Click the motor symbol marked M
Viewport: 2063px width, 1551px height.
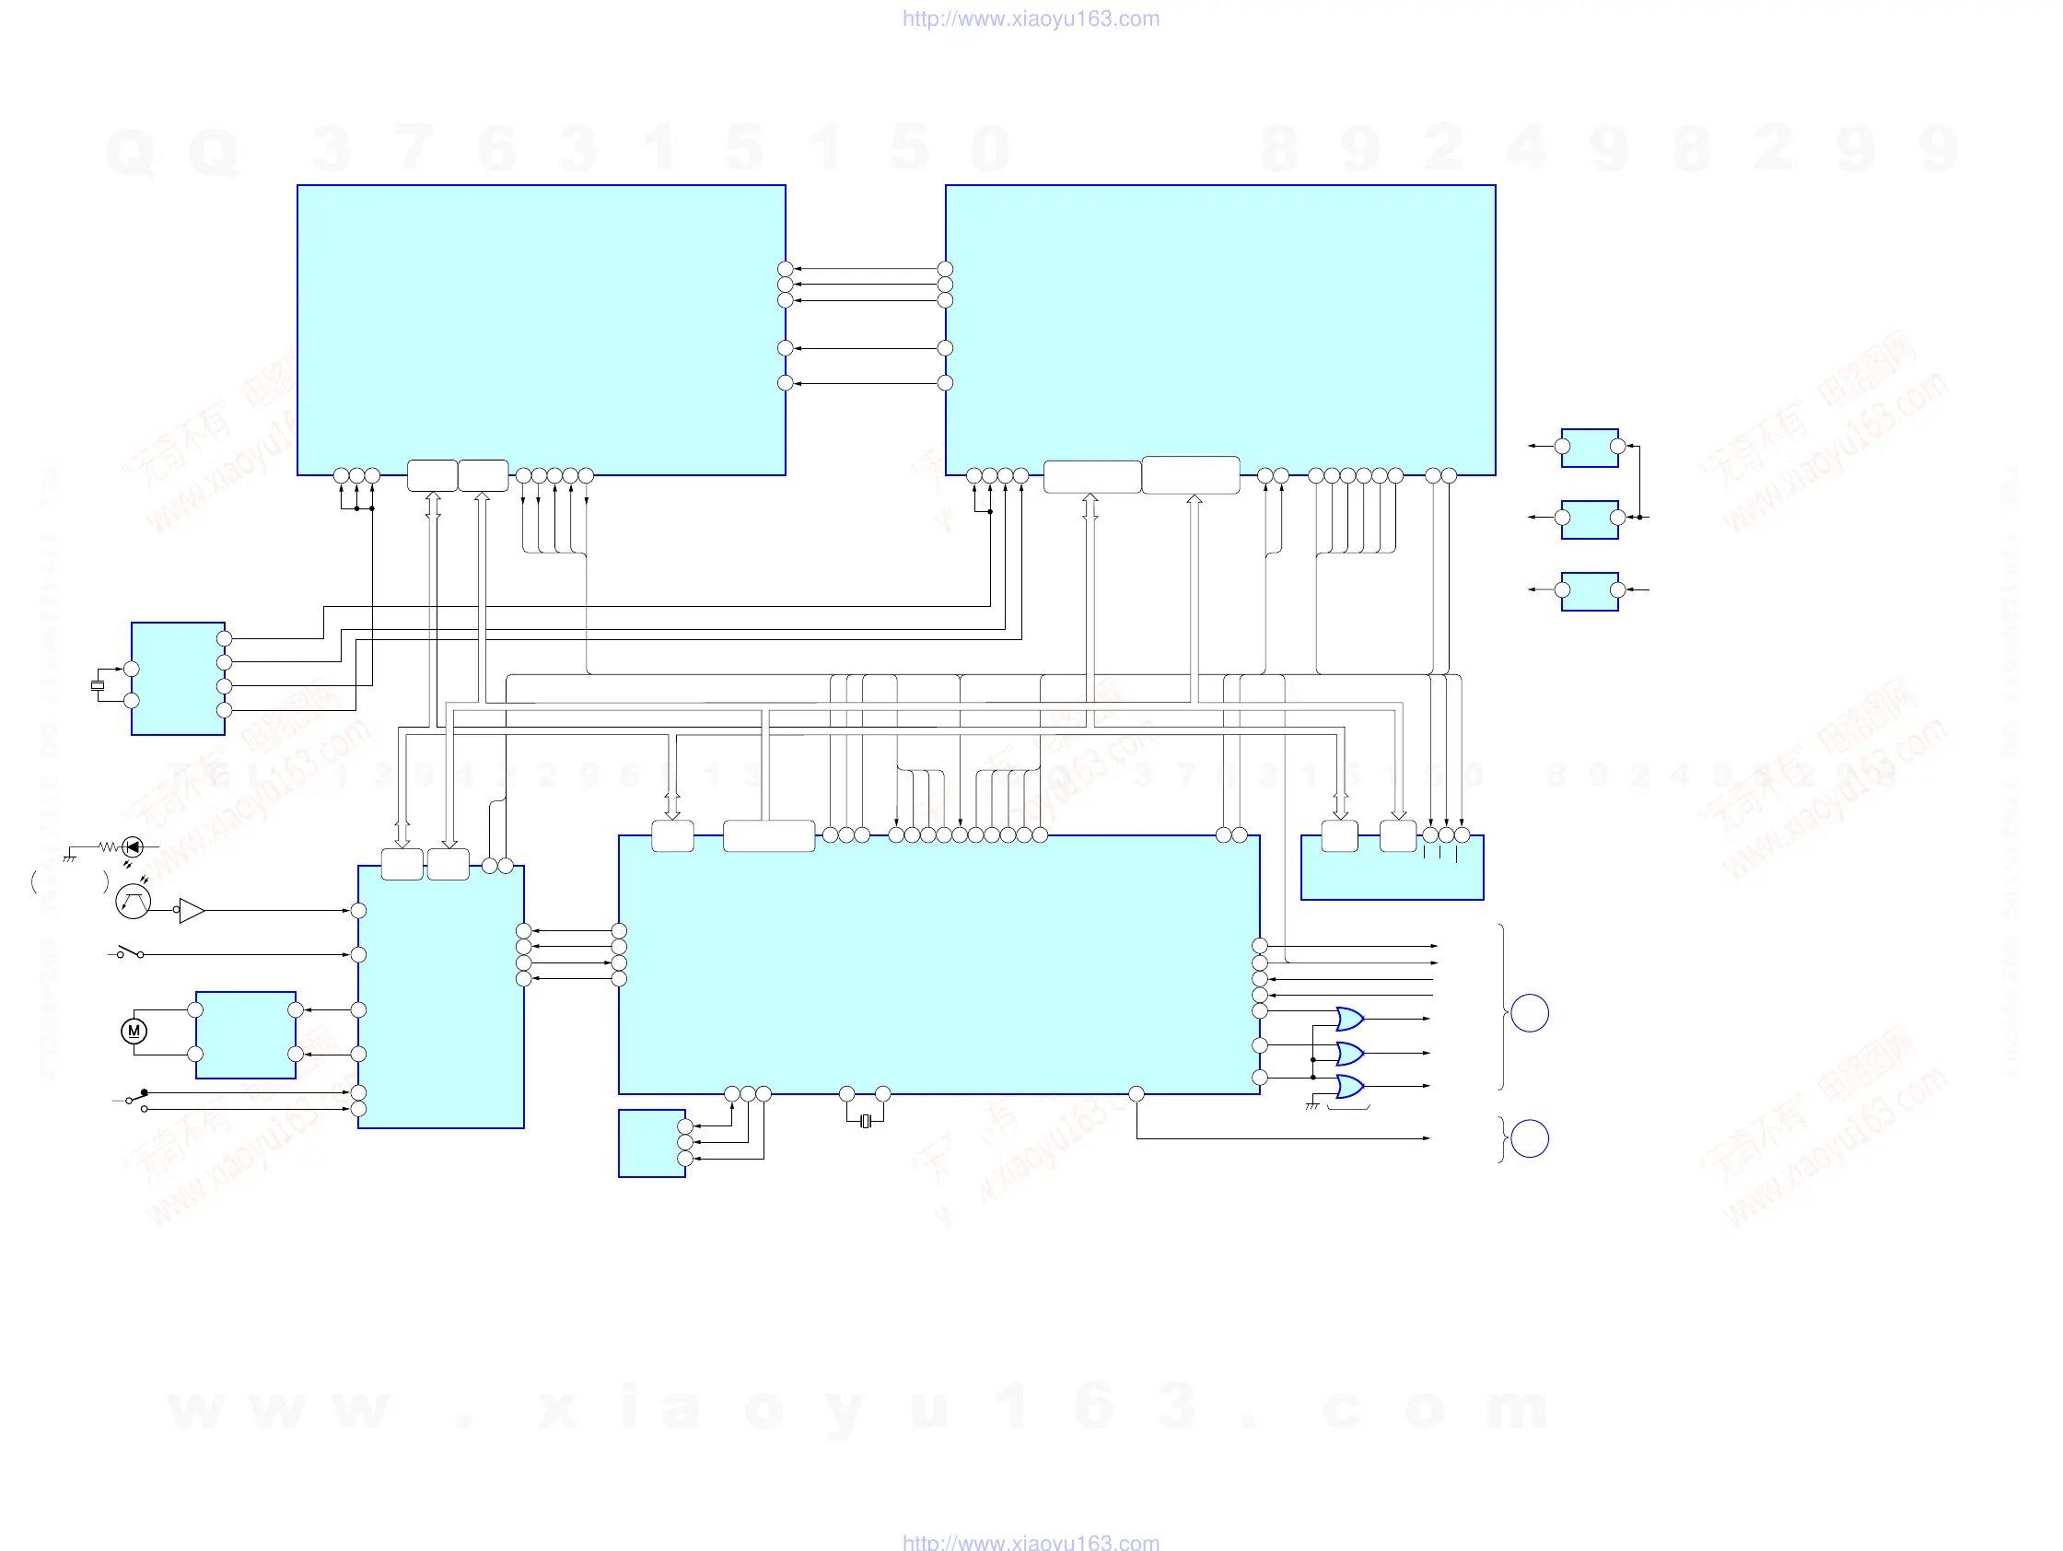(x=134, y=1031)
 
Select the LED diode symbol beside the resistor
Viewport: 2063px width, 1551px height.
(x=134, y=846)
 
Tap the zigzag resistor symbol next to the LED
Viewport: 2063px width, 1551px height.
(x=109, y=846)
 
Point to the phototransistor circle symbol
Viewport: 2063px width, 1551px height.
(x=133, y=901)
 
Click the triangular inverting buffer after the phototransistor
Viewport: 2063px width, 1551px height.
(x=192, y=910)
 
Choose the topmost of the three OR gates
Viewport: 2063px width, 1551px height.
(x=1349, y=1019)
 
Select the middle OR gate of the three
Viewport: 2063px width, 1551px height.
(x=1349, y=1053)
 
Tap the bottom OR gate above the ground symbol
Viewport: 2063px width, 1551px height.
(x=1349, y=1087)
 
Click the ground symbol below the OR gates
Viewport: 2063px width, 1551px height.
(x=1312, y=1106)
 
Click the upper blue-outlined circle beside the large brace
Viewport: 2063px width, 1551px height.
(x=1530, y=1013)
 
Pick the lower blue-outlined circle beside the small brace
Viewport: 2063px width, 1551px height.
(x=1530, y=1138)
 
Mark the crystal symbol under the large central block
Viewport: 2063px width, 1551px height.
(x=866, y=1121)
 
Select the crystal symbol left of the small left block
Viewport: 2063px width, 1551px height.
(x=97, y=685)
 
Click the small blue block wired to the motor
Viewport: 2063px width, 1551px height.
(x=245, y=1034)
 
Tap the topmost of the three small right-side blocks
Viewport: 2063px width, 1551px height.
(x=1590, y=448)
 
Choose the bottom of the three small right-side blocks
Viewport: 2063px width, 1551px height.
(x=1590, y=591)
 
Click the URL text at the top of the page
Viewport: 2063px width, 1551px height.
(x=1031, y=18)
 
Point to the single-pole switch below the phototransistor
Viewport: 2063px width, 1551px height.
(x=130, y=952)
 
